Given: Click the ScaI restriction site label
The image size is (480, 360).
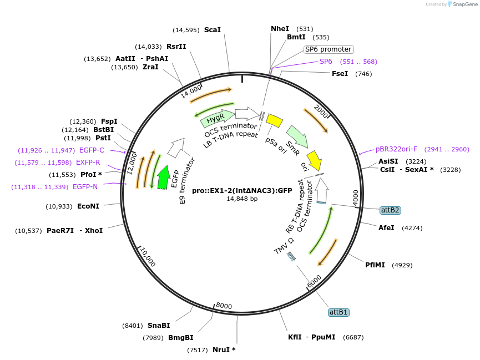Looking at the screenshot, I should (213, 30).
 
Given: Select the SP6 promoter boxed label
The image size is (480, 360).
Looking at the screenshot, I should (328, 49).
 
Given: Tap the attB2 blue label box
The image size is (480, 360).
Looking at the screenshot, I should (390, 210).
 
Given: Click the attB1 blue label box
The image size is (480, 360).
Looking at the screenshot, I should (338, 312).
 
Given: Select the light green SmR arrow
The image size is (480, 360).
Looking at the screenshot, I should (297, 135).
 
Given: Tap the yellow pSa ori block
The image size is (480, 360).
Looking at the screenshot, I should (274, 120).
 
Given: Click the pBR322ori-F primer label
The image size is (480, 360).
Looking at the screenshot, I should (396, 149).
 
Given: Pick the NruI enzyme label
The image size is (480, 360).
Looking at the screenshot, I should (224, 349).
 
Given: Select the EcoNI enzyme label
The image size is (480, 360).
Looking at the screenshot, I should (88, 206).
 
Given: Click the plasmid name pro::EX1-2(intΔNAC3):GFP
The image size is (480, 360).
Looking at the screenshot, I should (242, 190).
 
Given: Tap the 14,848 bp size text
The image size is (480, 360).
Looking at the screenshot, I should (242, 199).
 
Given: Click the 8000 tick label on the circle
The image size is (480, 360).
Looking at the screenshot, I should (224, 306).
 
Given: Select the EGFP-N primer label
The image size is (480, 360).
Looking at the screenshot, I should (85, 187).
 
